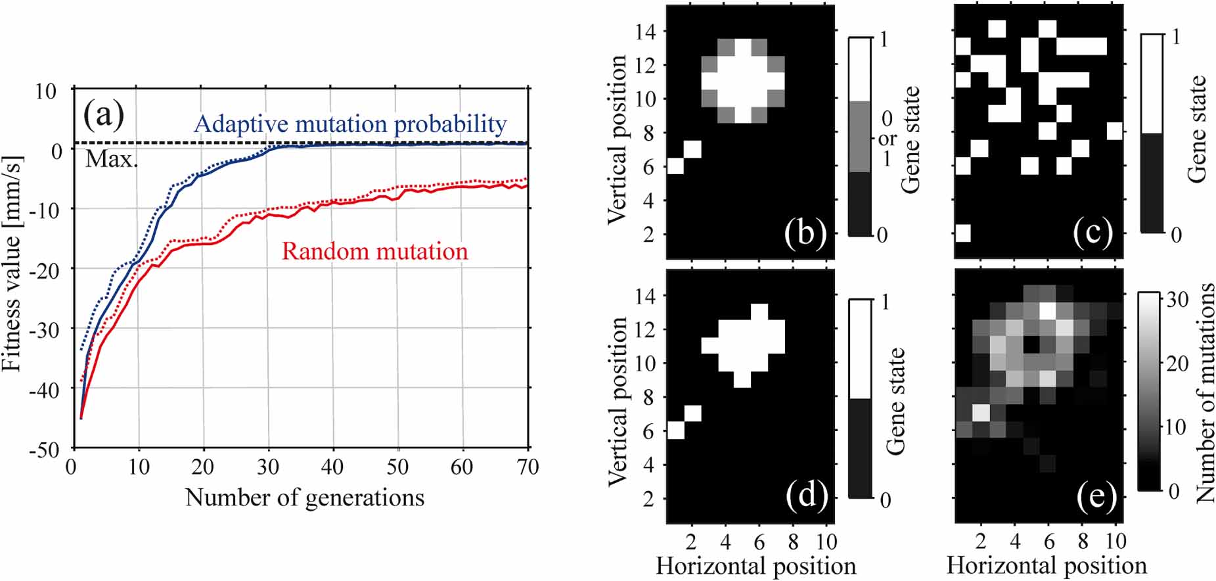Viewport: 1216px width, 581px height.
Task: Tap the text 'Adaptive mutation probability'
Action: click(x=350, y=124)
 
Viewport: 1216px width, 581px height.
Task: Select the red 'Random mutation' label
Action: click(x=374, y=251)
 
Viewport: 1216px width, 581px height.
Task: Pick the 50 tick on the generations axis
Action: click(x=397, y=467)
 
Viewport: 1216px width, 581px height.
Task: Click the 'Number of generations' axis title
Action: click(x=305, y=498)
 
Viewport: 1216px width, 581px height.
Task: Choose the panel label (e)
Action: click(x=1096, y=498)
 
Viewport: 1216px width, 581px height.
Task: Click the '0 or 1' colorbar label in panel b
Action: click(x=886, y=139)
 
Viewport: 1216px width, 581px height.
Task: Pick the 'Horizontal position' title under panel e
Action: click(x=1046, y=566)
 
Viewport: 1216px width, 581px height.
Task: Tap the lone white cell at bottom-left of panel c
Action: click(x=962, y=233)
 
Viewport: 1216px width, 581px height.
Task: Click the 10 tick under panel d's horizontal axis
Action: click(x=826, y=542)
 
